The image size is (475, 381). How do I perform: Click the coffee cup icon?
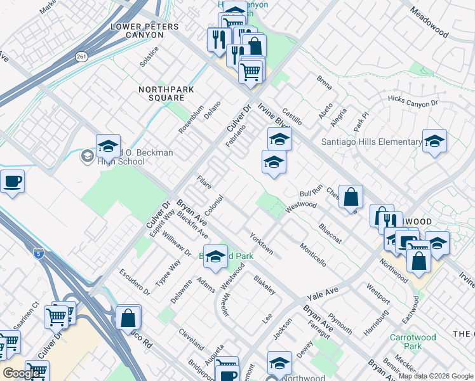12,182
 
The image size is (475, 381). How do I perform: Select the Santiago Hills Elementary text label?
371,142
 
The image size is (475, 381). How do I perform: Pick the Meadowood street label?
434,22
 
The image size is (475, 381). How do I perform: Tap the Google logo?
22,373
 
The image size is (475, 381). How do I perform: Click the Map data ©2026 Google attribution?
435,376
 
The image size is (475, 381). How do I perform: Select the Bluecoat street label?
330,232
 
